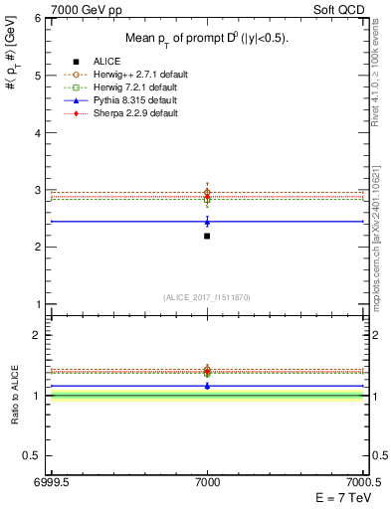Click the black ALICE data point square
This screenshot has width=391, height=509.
click(x=207, y=236)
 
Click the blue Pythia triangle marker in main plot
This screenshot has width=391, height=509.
click(x=207, y=222)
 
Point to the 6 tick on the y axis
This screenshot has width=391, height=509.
click(x=39, y=18)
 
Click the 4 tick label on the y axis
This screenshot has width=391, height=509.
click(x=39, y=132)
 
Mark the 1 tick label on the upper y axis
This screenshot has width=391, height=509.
click(x=39, y=304)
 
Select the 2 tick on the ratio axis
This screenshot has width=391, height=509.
click(x=39, y=335)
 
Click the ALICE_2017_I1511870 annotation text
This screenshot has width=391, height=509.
click(x=207, y=297)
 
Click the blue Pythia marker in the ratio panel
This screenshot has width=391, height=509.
click(x=207, y=385)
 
